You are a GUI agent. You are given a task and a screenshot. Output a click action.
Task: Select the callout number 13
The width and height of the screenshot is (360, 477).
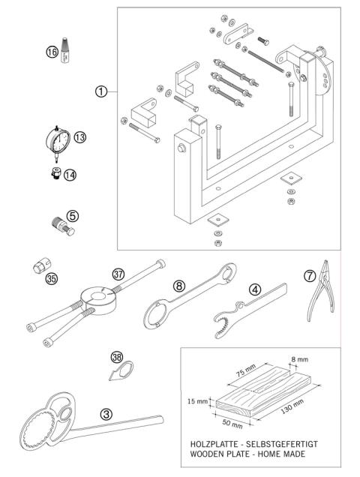pos(79,136)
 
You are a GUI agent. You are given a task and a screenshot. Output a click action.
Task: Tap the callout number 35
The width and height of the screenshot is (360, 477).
pos(51,279)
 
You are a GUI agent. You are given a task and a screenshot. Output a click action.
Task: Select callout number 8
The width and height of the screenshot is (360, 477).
pos(178,285)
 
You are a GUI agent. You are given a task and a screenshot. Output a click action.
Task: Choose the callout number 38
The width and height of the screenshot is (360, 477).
pos(117,358)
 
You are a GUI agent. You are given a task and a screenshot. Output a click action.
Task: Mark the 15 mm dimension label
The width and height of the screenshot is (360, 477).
pos(196,401)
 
